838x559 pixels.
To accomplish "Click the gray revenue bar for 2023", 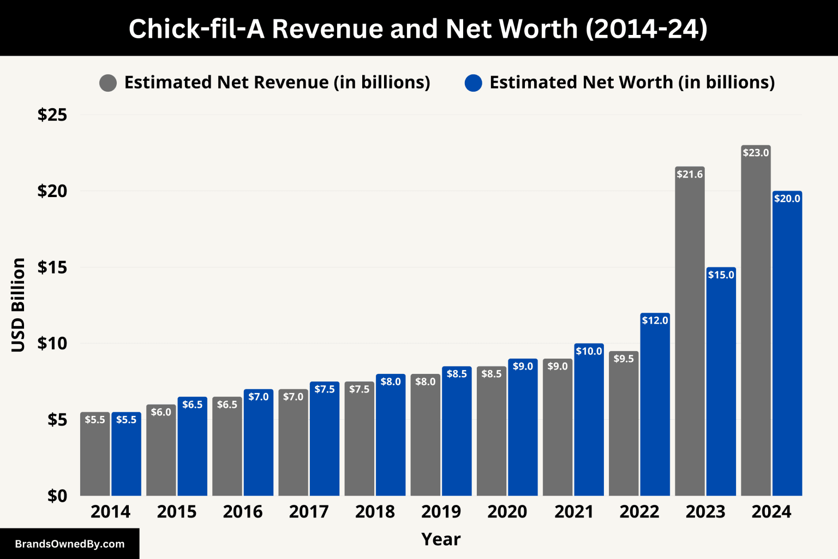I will point(690,333).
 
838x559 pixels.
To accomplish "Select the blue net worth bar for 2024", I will point(787,344).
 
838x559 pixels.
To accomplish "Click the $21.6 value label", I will point(690,174).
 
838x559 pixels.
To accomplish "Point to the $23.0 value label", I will point(756,153).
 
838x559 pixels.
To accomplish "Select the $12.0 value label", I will point(655,320).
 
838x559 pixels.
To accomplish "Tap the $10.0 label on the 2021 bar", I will point(589,351).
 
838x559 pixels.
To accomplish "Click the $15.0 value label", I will point(721,275).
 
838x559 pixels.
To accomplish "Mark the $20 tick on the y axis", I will point(52,191).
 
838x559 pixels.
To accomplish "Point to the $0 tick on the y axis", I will point(57,496).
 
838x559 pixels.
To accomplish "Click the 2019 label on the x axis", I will point(441,512).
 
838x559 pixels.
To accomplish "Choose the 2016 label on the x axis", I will point(243,512).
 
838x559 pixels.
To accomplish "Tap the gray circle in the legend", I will point(108,83).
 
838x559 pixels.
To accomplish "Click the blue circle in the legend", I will point(473,83).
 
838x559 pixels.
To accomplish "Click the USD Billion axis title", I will point(19,305).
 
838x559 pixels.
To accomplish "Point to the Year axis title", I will point(441,539).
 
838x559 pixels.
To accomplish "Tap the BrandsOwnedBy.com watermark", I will point(70,544).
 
